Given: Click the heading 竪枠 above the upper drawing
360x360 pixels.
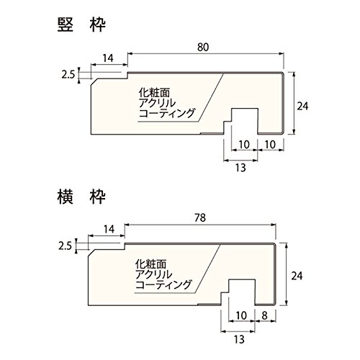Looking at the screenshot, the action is coord(81,25).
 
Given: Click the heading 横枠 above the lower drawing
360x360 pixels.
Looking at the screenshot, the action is coord(81,197).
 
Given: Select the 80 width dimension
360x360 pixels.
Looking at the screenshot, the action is coord(203,48).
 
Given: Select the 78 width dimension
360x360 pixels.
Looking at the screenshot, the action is coord(200,217).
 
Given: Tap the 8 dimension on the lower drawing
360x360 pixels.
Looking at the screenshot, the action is coord(264,315).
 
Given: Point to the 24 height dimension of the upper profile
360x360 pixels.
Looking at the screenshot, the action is coord(302,106).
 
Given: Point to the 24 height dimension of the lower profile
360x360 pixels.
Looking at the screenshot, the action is coord(297,276).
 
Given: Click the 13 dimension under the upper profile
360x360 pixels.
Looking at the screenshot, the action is coord(240,168).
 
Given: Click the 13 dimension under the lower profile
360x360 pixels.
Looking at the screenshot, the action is coord(238,339).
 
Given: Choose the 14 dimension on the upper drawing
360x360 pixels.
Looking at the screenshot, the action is coord(108,58).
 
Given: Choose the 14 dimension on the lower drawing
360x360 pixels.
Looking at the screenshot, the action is coord(109,229).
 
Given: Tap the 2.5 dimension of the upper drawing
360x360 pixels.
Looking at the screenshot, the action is coord(68,75).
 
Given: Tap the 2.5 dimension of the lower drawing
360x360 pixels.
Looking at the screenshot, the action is coord(66,246).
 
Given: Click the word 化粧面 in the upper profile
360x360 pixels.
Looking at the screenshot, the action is coord(154,93).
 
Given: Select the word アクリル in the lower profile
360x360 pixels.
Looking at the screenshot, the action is coord(153,274).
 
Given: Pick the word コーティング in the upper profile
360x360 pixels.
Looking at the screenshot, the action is coord(166,113).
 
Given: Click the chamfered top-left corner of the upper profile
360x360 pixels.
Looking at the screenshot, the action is coord(94,81).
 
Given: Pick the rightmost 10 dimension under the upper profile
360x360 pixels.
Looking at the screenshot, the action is coord(271,145).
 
